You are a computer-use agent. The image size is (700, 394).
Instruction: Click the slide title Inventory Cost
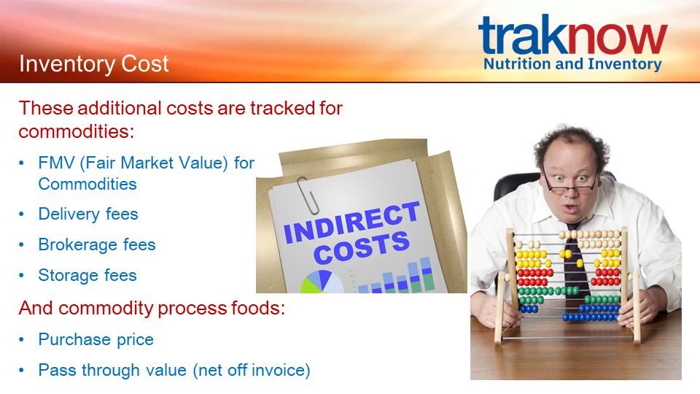coord(94,64)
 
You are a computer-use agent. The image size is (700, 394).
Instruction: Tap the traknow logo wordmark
coord(573,34)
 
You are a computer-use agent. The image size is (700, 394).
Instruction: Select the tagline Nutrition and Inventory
coord(572,64)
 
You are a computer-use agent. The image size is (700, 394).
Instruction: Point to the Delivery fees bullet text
coord(88,214)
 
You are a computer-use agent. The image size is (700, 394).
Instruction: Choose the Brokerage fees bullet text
coord(97,245)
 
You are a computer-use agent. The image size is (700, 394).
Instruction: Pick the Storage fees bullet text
coord(87,275)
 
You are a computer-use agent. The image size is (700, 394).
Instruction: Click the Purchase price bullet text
coord(96,339)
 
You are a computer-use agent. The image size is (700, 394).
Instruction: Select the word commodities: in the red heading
coord(77,132)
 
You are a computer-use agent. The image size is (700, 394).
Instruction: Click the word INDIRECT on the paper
coord(351,222)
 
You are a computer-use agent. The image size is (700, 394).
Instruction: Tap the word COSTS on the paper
coord(362,247)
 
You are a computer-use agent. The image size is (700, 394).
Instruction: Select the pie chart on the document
coord(322,282)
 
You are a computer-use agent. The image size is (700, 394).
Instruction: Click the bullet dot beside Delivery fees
coord(21,215)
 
